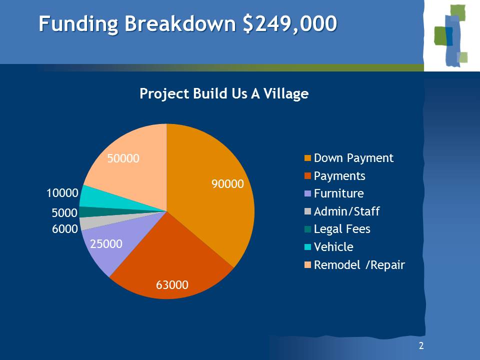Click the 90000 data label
pos(228,184)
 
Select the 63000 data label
pos(172,285)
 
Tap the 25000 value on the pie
pos(106,244)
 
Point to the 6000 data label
pos(65,229)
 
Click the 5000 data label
pos(64,213)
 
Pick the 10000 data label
pos(62,193)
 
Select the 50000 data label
pos(123,158)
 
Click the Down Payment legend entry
pos(349,158)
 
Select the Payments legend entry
pos(335,176)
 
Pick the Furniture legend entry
pos(334,193)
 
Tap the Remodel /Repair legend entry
pos(355,265)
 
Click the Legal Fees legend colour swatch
pos(307,229)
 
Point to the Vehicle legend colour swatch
pos(307,246)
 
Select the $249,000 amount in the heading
pos(289,24)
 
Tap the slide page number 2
pos(421,346)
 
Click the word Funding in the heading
pos(78,24)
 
